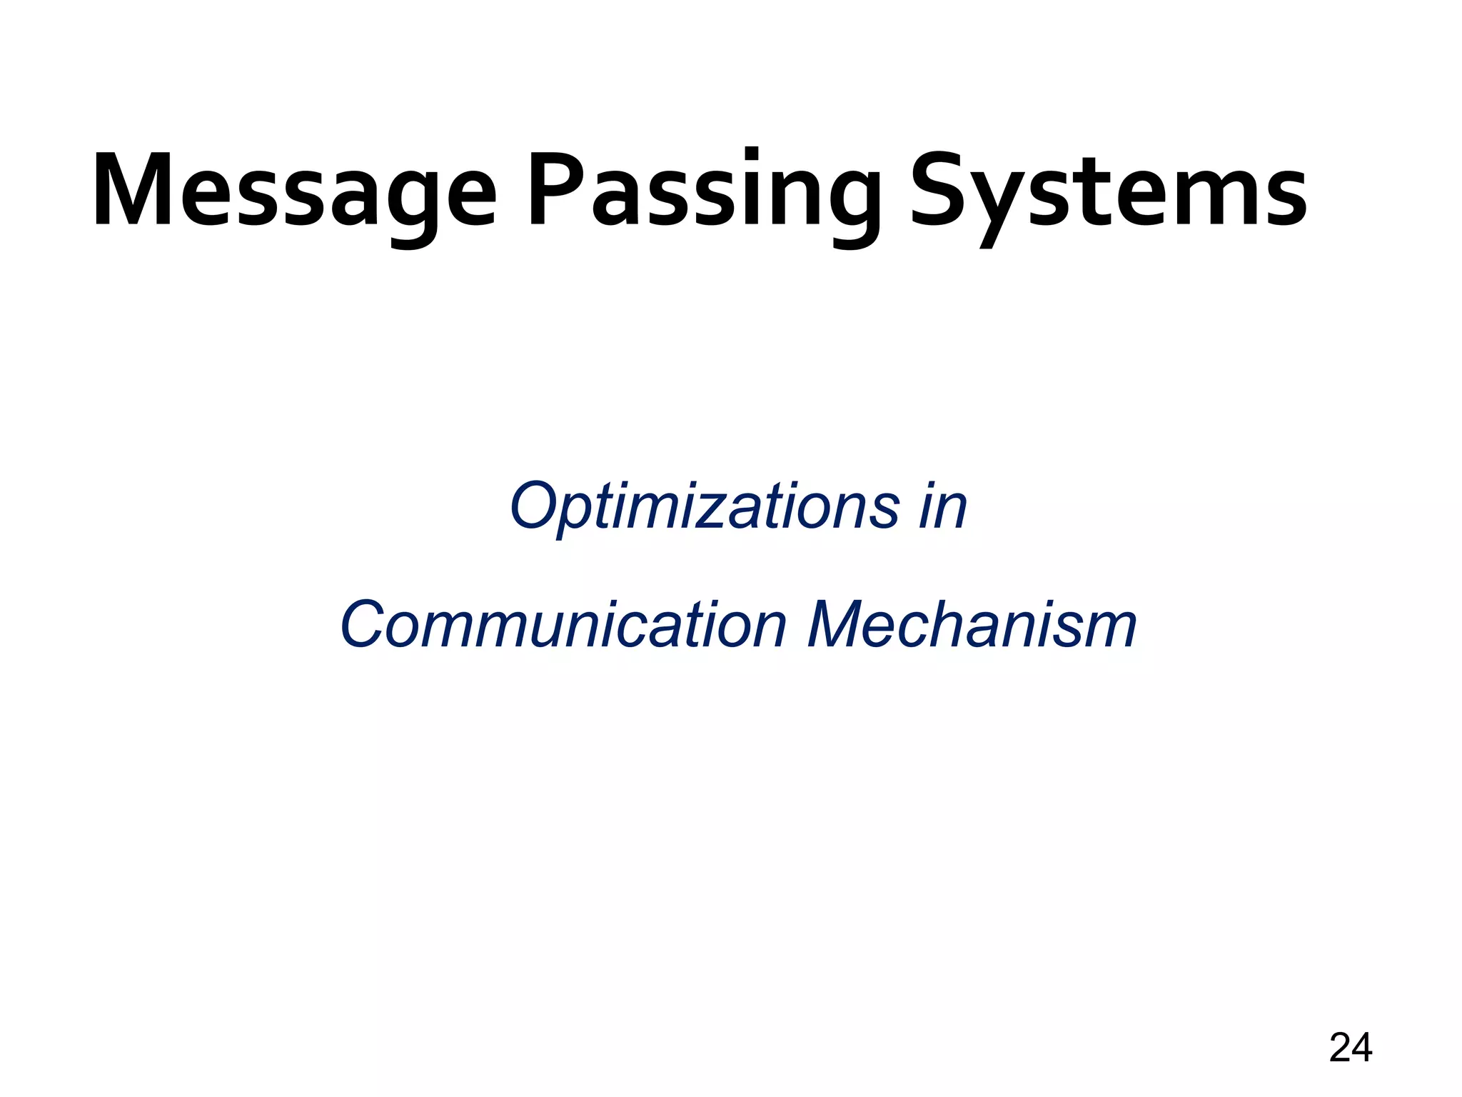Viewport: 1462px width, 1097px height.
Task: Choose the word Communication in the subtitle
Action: pyautogui.click(x=564, y=626)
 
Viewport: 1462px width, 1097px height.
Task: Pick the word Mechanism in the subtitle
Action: pyautogui.click(x=972, y=626)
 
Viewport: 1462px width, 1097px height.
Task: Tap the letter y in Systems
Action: pyautogui.click(x=1002, y=207)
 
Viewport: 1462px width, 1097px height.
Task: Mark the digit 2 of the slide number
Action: pyautogui.click(x=1339, y=1048)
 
